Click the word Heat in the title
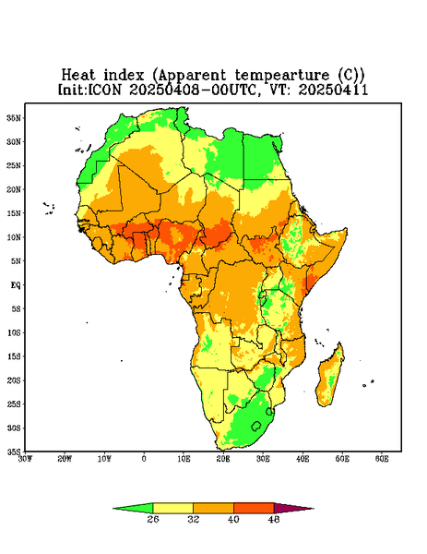click(x=78, y=76)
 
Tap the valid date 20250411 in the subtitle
click(x=333, y=90)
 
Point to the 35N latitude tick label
click(x=14, y=118)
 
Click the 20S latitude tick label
click(x=14, y=380)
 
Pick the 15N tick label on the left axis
click(x=14, y=213)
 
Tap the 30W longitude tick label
click(x=25, y=459)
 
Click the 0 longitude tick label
click(x=144, y=459)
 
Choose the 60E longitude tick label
click(x=382, y=459)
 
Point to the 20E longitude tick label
click(x=223, y=459)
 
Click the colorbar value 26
click(x=153, y=519)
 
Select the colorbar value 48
click(x=274, y=519)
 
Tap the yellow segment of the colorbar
click(x=172, y=508)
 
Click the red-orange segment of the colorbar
click(x=254, y=508)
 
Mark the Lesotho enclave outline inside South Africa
click(x=256, y=426)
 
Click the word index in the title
click(x=124, y=76)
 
